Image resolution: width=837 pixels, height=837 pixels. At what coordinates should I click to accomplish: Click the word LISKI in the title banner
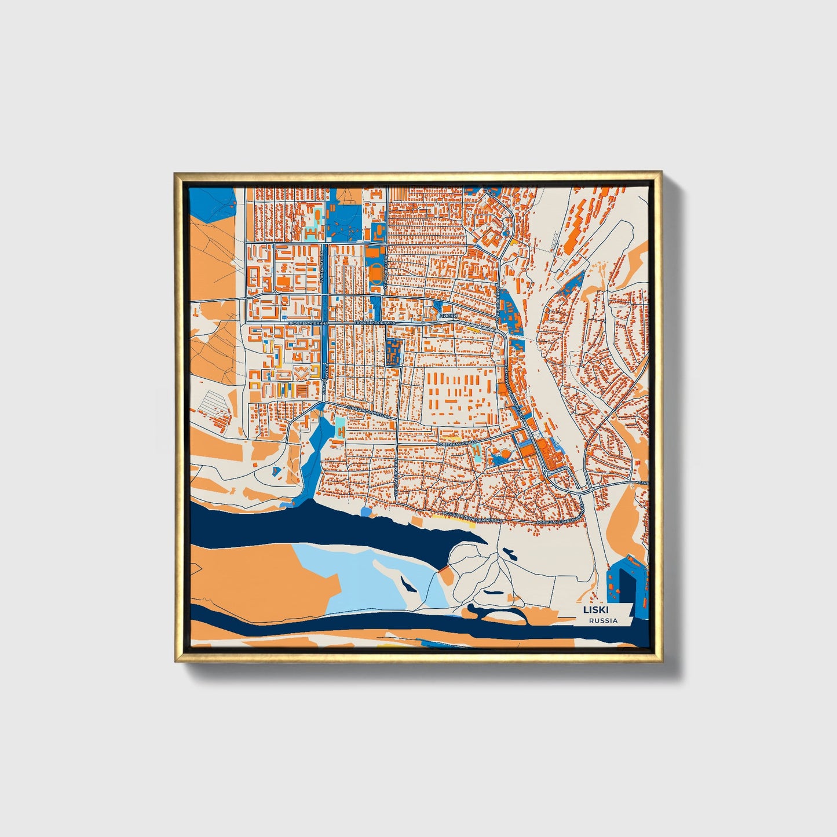coord(591,609)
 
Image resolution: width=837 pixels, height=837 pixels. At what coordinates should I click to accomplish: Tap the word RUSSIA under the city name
coord(602,620)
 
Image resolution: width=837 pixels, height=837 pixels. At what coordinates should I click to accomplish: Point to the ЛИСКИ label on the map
coord(448,316)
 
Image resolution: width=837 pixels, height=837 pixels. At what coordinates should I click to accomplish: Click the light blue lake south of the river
coord(371,571)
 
